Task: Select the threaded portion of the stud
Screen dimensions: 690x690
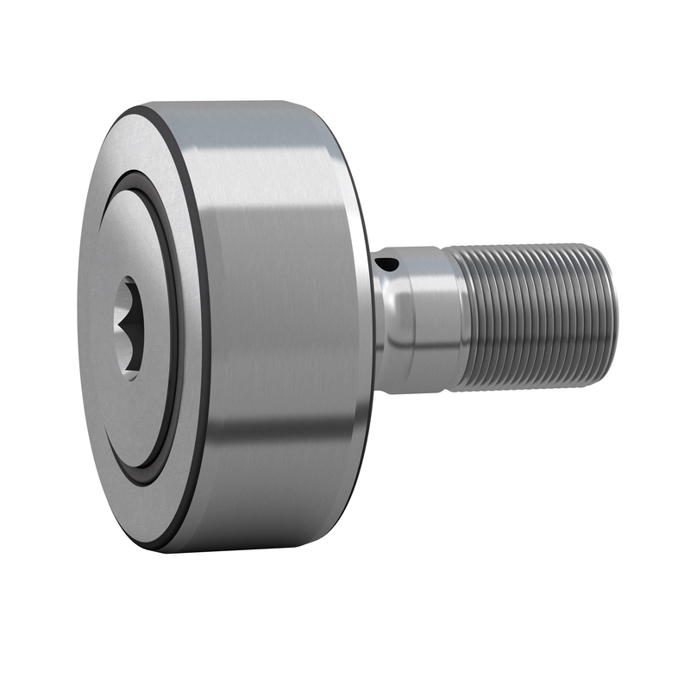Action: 530,315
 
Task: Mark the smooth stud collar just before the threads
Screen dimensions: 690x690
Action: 427,319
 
